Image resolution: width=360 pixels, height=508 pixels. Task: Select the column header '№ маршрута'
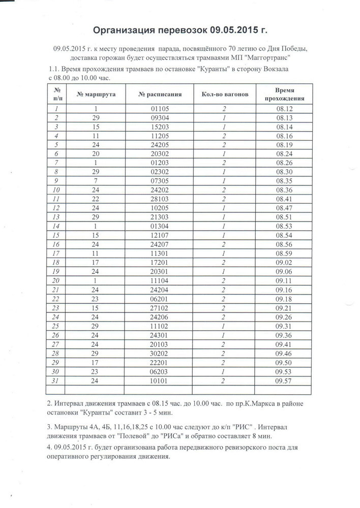[96, 94]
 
